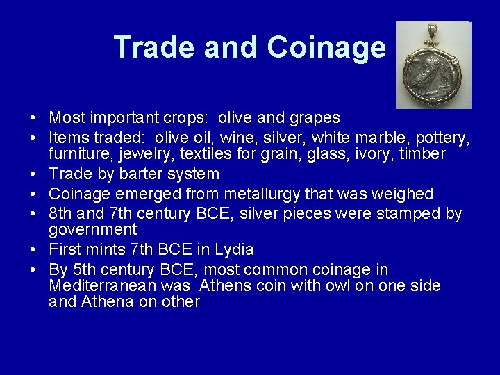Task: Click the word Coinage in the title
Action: [x=326, y=47]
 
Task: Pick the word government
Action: [x=93, y=230]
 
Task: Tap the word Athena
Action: [x=108, y=302]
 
